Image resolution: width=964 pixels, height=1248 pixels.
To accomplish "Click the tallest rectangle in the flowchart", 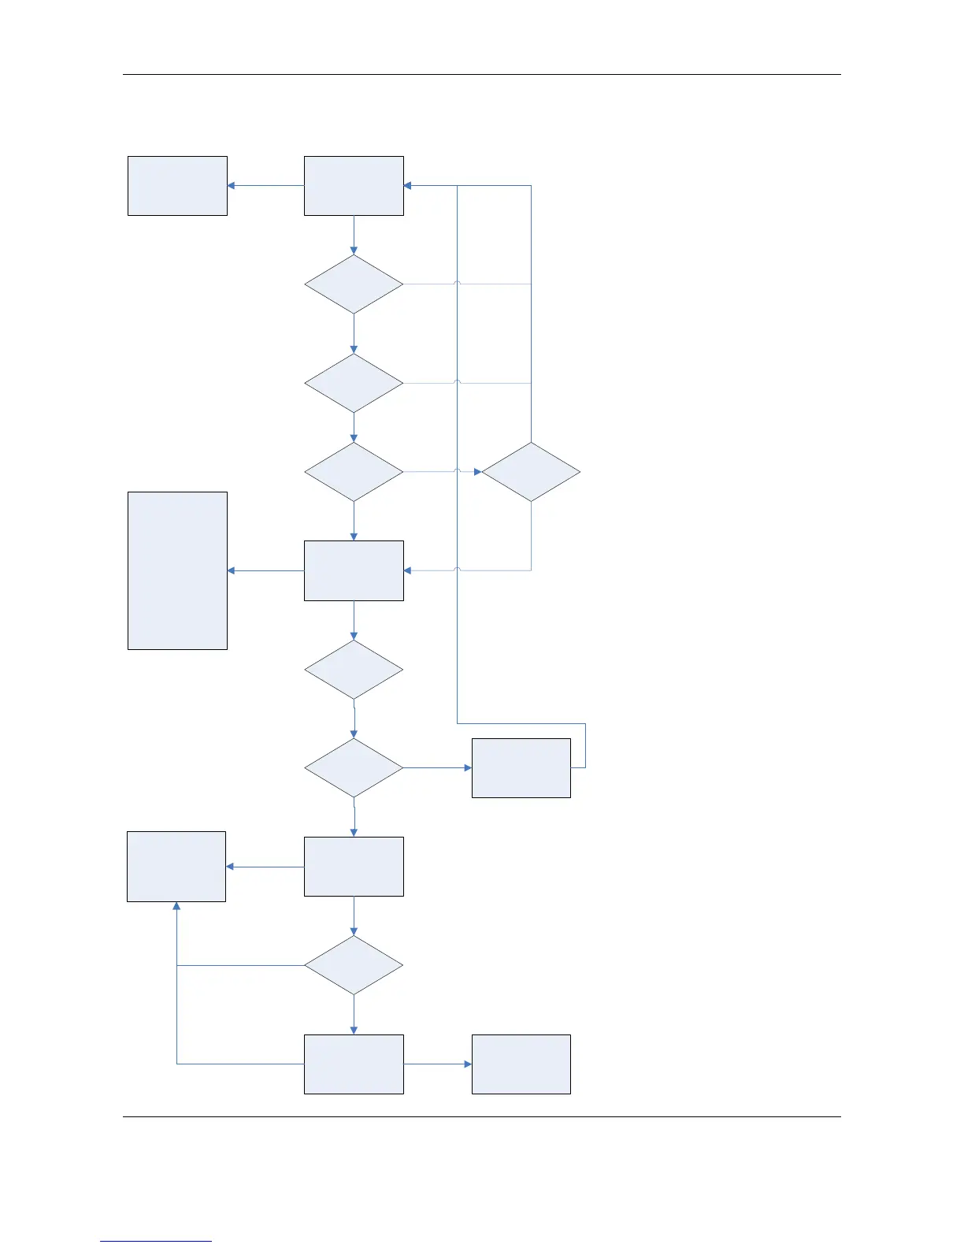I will click(x=177, y=570).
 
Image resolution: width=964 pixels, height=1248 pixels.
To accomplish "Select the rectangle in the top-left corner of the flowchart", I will click(x=177, y=186).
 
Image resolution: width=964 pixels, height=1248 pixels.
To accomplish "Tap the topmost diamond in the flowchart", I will click(x=354, y=284).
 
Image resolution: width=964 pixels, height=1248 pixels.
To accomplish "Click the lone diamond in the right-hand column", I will click(x=531, y=472).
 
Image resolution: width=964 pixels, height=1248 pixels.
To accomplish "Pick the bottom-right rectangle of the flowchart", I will click(x=521, y=1064).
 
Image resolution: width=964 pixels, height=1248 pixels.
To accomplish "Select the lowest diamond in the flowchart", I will click(x=354, y=965).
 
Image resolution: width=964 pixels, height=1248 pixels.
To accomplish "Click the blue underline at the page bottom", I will click(x=156, y=1241).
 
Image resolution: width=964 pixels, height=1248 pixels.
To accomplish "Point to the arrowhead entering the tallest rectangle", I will click(x=232, y=570).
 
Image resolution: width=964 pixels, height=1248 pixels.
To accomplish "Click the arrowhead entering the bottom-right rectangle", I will click(x=467, y=1064).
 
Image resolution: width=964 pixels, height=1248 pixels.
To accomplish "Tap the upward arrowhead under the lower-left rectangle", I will click(x=176, y=907).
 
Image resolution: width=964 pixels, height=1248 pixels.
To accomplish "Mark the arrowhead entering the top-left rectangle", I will click(x=232, y=186).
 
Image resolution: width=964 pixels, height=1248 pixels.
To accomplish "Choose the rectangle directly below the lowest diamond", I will click(x=354, y=1064).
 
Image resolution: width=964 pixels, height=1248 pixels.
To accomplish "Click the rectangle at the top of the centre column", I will click(x=354, y=186).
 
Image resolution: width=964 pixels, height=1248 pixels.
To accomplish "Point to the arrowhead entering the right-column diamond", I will click(x=476, y=472).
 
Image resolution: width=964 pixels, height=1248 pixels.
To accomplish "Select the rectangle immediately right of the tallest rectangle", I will click(x=354, y=570).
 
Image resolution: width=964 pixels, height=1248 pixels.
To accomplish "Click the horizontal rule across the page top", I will click(x=481, y=75).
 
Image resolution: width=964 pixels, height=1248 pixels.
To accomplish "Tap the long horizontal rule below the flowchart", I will click(x=481, y=1116).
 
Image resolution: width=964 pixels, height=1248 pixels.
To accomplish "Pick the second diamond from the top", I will click(x=354, y=383).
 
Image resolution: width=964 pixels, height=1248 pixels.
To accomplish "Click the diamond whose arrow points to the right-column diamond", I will click(x=354, y=472).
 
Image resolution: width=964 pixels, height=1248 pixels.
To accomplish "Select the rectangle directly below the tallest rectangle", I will click(x=176, y=866).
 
